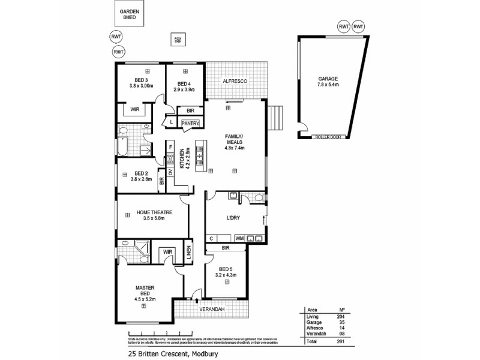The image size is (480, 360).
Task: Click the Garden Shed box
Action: click(130, 15)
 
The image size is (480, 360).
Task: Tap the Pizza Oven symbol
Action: click(178, 40)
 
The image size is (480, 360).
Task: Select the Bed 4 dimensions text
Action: click(184, 89)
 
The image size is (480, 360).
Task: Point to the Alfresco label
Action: click(235, 80)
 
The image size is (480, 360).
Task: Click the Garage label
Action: click(328, 79)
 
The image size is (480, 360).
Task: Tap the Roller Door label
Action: click(328, 137)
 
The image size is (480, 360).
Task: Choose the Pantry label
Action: click(190, 124)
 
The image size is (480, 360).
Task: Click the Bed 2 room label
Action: click(142, 173)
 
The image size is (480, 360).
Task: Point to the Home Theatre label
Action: click(154, 212)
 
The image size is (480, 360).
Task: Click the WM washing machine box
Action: click(240, 238)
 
